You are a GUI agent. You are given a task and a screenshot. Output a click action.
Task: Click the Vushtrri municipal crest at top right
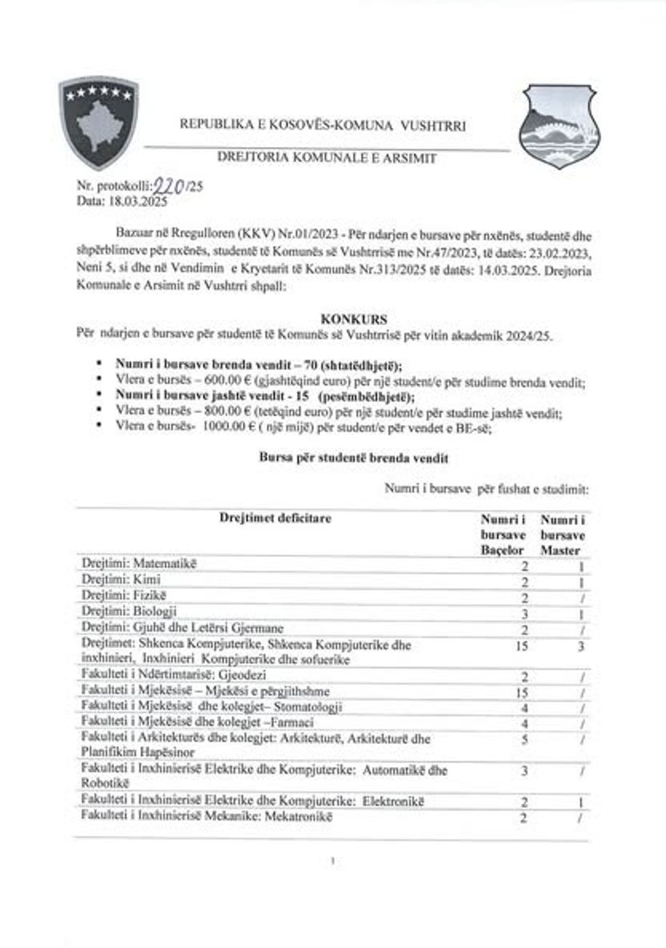point(558,126)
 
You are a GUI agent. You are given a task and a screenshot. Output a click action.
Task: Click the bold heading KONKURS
point(353,319)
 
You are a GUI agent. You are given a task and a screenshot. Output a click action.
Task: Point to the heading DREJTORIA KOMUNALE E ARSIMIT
point(327,158)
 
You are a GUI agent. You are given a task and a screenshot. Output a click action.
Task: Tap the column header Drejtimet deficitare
point(275,518)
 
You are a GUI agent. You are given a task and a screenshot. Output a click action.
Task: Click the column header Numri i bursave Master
point(562,535)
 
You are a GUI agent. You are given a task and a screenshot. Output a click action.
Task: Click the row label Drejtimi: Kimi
point(121,580)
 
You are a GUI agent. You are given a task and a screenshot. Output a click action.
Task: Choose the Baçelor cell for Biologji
point(524,613)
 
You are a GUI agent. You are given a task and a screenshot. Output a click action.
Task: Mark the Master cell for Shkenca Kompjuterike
point(580,646)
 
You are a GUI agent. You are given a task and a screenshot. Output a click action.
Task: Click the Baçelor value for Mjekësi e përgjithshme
point(522,693)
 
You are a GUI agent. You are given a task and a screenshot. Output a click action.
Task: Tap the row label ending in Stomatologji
point(211,707)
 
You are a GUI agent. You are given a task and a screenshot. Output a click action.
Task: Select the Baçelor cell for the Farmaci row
point(524,723)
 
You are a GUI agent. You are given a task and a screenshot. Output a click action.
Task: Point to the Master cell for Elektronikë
point(580,802)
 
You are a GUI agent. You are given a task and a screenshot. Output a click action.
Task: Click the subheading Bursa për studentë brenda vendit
point(353,458)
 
